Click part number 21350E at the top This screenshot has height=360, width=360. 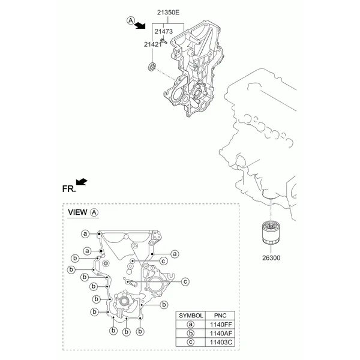[x=168, y=13]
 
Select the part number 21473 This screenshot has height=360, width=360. [x=163, y=31]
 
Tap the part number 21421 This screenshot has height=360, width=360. [x=153, y=44]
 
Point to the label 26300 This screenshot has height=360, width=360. [x=271, y=258]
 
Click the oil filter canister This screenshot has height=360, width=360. [x=271, y=232]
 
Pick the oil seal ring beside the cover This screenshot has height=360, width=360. [x=152, y=66]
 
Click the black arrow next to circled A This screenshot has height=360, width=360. [x=140, y=25]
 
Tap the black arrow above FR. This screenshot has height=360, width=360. [x=82, y=181]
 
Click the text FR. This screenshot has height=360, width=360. [x=68, y=189]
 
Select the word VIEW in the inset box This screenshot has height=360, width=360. [x=77, y=212]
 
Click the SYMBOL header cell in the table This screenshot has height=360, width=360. [x=191, y=316]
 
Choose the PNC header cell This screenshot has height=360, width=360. [x=220, y=316]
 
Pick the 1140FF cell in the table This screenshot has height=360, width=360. [x=220, y=325]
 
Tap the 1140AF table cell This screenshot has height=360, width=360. [x=220, y=334]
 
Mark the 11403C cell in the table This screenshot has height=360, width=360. [x=220, y=343]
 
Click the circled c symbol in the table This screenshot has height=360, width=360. [x=191, y=343]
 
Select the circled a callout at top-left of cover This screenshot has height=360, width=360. [x=85, y=234]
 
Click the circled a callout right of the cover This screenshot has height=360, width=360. [x=175, y=254]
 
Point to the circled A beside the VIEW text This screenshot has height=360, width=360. [x=94, y=212]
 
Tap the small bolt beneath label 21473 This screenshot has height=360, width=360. [x=163, y=41]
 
